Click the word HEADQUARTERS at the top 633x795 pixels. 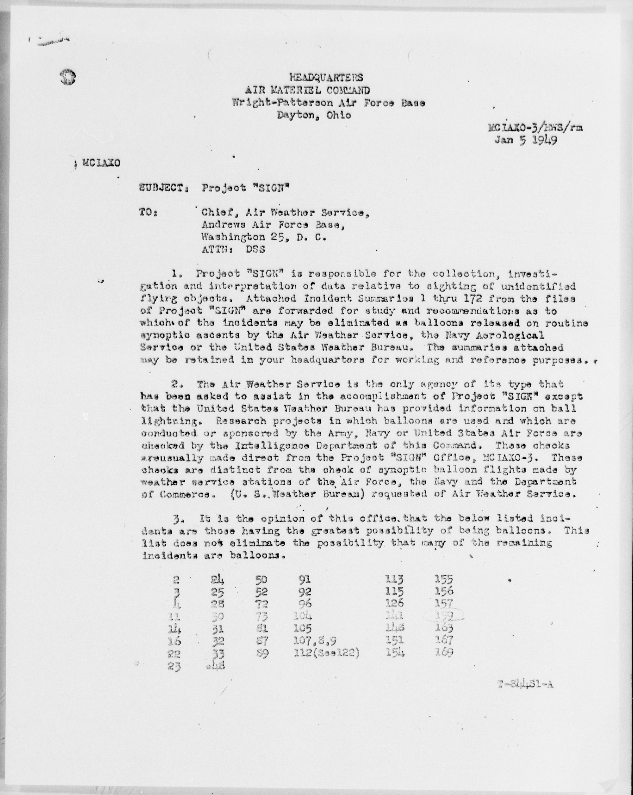[326, 77]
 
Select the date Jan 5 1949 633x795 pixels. [526, 141]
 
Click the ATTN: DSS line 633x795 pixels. [233, 249]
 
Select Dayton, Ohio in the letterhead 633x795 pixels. [314, 115]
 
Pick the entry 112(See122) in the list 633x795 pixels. [326, 653]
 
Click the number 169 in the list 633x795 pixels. [443, 652]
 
